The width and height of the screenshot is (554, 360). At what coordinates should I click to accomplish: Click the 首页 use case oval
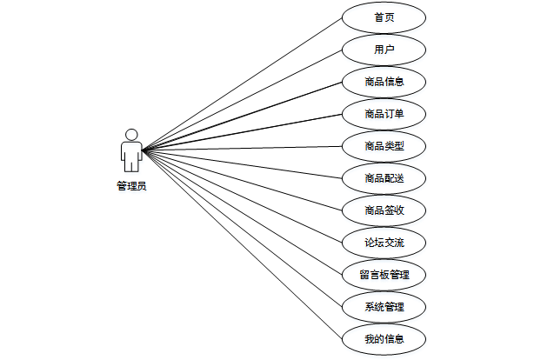tap(384, 17)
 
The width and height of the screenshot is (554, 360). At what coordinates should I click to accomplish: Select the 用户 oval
tap(384, 50)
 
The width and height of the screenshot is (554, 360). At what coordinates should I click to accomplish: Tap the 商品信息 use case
tap(384, 82)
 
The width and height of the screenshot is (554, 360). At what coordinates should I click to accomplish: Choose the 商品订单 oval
tap(384, 114)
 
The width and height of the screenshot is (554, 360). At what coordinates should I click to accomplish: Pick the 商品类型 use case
tap(384, 146)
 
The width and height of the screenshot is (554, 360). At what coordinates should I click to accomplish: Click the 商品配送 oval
tap(384, 178)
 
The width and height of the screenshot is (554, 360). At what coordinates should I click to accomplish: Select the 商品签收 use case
tap(384, 210)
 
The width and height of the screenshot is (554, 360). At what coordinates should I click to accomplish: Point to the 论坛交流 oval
tap(384, 243)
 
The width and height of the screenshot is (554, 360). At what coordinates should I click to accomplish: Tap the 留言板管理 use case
tap(384, 275)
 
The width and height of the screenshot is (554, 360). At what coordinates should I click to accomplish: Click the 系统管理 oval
tap(384, 307)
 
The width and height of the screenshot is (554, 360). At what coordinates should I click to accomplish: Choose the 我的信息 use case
tap(384, 339)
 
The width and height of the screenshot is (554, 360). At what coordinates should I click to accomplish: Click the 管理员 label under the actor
tap(131, 185)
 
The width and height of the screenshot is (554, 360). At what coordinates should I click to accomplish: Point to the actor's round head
tap(131, 135)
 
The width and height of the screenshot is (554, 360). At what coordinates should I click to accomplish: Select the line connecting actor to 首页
tap(243, 84)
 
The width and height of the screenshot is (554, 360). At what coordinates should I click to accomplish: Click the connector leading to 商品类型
tap(243, 149)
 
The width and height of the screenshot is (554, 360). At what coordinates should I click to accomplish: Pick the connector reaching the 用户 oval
tap(243, 100)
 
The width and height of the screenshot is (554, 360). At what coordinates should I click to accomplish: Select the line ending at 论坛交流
tap(243, 195)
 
